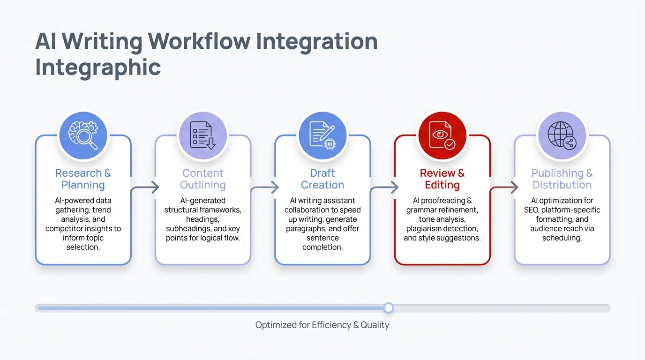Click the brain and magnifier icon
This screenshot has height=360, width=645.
click(x=83, y=135)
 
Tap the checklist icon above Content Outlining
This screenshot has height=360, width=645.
click(x=203, y=135)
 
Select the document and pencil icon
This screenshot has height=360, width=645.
click(x=322, y=135)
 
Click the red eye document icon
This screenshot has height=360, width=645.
click(x=442, y=135)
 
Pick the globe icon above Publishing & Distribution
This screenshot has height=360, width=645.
click(x=562, y=135)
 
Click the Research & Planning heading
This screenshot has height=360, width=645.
click(x=83, y=179)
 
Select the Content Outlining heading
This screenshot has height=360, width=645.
click(x=203, y=179)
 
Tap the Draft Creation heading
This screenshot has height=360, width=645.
click(x=322, y=179)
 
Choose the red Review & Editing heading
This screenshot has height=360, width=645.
click(x=442, y=179)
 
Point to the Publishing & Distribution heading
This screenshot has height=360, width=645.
click(x=562, y=179)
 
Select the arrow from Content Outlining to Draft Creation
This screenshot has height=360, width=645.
click(x=264, y=188)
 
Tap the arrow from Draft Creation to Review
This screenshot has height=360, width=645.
click(x=384, y=188)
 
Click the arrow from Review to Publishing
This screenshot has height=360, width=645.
click(x=504, y=188)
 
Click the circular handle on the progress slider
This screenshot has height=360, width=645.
click(x=388, y=308)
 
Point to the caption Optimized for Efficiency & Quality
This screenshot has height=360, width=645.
click(x=322, y=325)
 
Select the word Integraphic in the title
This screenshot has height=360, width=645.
click(x=98, y=67)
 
